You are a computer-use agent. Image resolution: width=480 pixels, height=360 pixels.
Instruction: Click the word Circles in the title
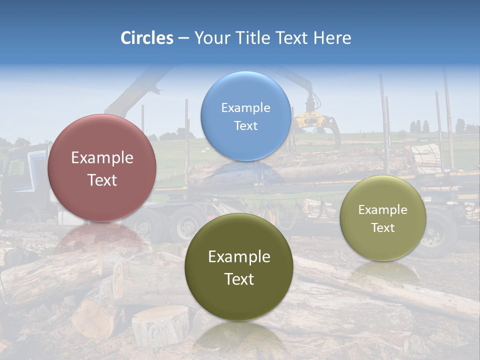coord(147,38)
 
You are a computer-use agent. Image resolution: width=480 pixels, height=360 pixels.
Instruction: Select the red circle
coord(102,168)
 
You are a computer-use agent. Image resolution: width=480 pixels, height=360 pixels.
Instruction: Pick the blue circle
coord(245,116)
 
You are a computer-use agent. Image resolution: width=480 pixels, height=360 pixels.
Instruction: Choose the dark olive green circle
coord(239,267)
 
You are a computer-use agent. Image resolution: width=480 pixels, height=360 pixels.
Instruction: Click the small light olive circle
coord(383,218)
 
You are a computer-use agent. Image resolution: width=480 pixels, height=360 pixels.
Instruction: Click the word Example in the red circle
coord(102,158)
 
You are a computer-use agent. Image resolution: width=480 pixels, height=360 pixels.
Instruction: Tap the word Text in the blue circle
coord(245,126)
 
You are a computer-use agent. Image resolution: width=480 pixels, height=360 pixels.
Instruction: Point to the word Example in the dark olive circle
coord(239,257)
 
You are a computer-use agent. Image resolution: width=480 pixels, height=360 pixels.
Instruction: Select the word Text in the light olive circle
coord(383,228)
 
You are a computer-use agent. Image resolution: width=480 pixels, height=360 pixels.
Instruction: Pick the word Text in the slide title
coord(293,38)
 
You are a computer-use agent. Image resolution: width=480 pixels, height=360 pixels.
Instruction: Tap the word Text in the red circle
coord(102,180)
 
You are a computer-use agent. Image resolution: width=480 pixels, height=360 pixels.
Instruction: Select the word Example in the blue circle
coord(245,108)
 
